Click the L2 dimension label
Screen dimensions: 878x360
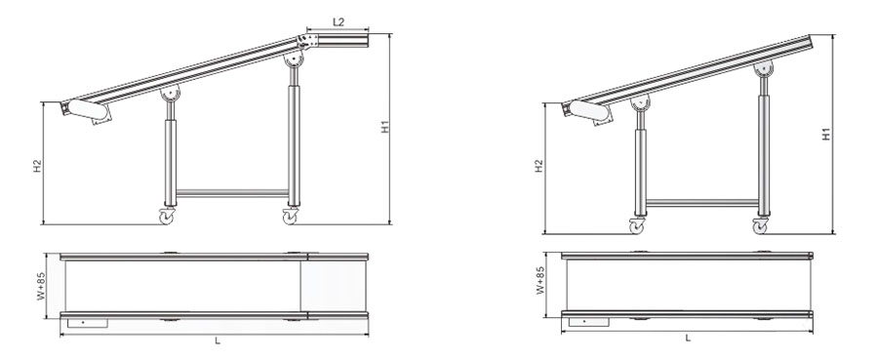(339, 22)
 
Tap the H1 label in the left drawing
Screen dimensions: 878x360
(385, 127)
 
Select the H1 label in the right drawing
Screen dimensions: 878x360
(826, 135)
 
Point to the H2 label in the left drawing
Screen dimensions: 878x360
(37, 166)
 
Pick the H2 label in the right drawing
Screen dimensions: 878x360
(539, 166)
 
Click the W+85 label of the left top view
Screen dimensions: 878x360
(41, 287)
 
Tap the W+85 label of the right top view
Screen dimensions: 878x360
(539, 281)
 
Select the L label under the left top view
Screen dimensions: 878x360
(218, 340)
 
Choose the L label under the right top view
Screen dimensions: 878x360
(688, 338)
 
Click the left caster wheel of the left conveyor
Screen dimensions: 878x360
(167, 216)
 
